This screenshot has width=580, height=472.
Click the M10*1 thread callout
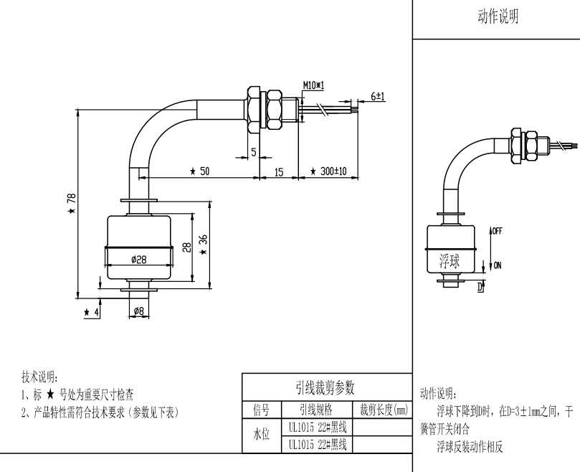pyautogui.click(x=313, y=85)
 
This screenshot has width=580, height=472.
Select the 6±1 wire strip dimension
pyautogui.click(x=378, y=95)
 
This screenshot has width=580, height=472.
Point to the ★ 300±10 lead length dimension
pyautogui.click(x=328, y=172)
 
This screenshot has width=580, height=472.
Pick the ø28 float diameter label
pyautogui.click(x=139, y=260)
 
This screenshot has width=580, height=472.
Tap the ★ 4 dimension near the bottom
pyautogui.click(x=91, y=312)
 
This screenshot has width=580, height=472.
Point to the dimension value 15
pyautogui.click(x=280, y=172)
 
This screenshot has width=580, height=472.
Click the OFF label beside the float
pyautogui.click(x=498, y=231)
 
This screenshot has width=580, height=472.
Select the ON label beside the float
pyautogui.click(x=497, y=265)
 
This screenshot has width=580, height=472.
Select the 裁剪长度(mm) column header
pyautogui.click(x=384, y=410)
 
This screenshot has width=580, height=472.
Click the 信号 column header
pyautogui.click(x=260, y=410)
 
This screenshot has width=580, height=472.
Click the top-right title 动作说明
pyautogui.click(x=498, y=16)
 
